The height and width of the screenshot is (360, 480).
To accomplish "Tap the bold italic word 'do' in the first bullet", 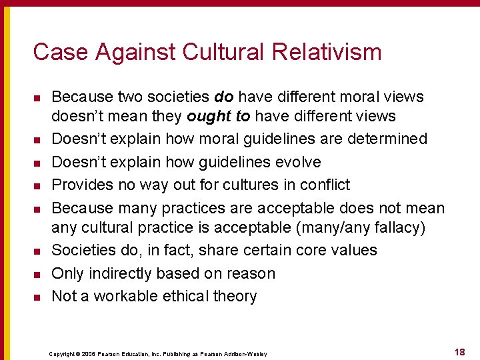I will pyautogui.click(x=223, y=97).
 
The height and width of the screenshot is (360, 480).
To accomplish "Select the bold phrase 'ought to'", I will pyautogui.click(x=218, y=116).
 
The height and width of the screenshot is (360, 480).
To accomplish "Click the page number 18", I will pyautogui.click(x=459, y=351).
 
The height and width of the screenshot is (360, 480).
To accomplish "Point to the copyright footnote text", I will pyautogui.click(x=158, y=353).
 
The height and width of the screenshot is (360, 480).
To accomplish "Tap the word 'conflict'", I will pyautogui.click(x=325, y=185).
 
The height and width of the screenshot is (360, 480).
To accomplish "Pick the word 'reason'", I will pyautogui.click(x=251, y=273).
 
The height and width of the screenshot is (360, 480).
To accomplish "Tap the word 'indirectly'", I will pyautogui.click(x=121, y=273).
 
